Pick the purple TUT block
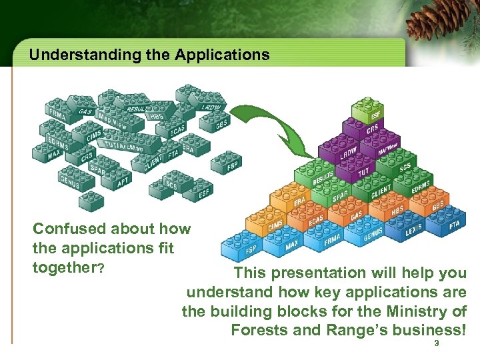(x=364, y=170)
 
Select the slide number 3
(x=436, y=343)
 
